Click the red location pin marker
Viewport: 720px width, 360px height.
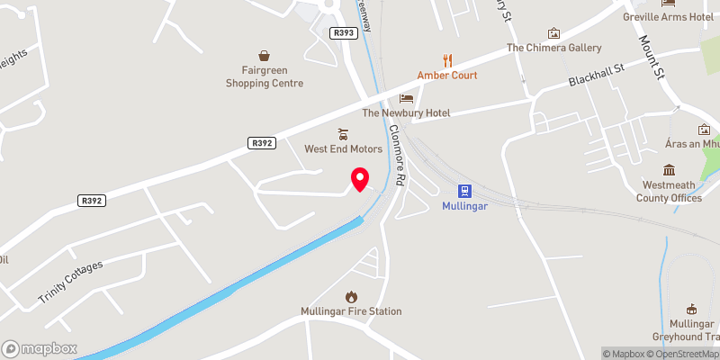click(359, 179)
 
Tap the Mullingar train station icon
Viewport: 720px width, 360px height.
click(465, 191)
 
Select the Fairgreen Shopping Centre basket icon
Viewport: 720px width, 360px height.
click(265, 56)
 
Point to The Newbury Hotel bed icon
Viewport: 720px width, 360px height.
click(406, 97)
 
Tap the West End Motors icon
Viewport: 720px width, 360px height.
click(343, 133)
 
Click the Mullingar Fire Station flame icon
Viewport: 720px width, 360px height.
click(351, 296)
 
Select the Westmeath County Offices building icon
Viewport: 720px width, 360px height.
click(670, 170)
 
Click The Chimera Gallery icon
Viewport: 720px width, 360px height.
click(553, 33)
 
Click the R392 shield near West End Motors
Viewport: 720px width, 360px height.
click(262, 142)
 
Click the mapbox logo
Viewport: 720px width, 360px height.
click(40, 347)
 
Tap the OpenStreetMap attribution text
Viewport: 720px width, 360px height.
click(688, 354)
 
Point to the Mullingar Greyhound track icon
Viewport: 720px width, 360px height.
click(692, 309)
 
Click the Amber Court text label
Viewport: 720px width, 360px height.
click(447, 76)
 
